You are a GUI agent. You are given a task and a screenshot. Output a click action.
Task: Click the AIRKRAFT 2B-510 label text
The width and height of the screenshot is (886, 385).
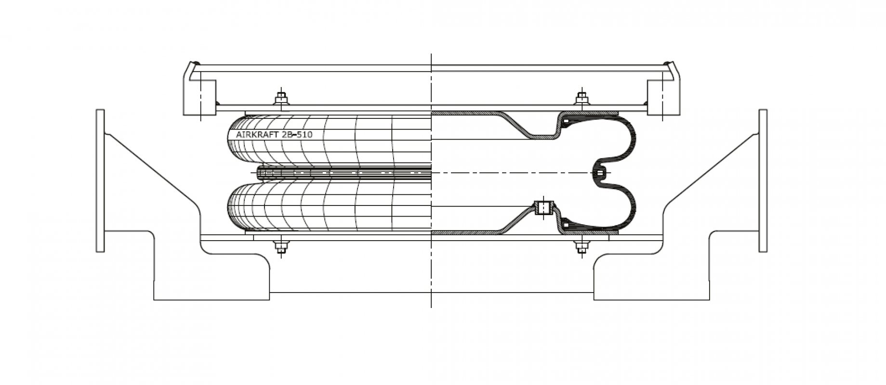pos(274,135)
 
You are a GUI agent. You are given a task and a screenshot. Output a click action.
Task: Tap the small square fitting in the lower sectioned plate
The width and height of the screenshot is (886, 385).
pos(543,208)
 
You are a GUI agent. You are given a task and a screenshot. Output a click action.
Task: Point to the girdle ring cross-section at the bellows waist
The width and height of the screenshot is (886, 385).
pos(600,172)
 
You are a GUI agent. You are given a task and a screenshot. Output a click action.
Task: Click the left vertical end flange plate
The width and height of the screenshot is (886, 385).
pos(100,180)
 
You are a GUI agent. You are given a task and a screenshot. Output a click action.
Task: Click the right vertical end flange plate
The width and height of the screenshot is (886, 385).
pos(763,180)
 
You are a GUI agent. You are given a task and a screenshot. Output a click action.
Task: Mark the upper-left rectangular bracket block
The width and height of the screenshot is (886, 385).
pos(199,97)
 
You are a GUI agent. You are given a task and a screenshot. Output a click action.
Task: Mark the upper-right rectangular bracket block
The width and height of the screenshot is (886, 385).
pos(663,97)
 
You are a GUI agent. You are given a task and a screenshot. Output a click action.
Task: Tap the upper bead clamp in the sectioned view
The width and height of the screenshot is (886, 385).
pos(566,120)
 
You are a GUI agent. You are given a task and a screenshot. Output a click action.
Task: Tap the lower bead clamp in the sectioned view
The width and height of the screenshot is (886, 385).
pos(566,224)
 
